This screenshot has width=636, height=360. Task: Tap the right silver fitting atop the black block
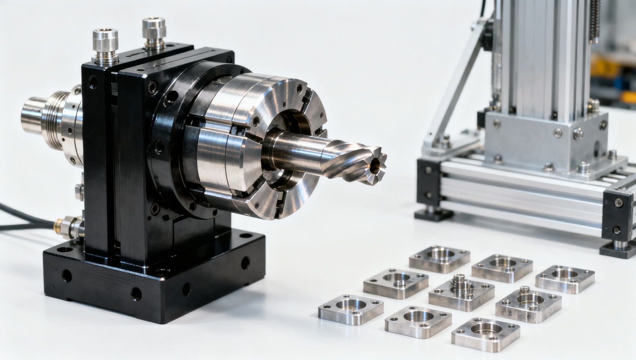point(154,33)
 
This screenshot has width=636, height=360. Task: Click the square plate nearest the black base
point(351,309)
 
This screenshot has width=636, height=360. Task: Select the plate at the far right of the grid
point(565,278)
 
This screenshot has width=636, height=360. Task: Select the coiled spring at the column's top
point(594,21)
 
